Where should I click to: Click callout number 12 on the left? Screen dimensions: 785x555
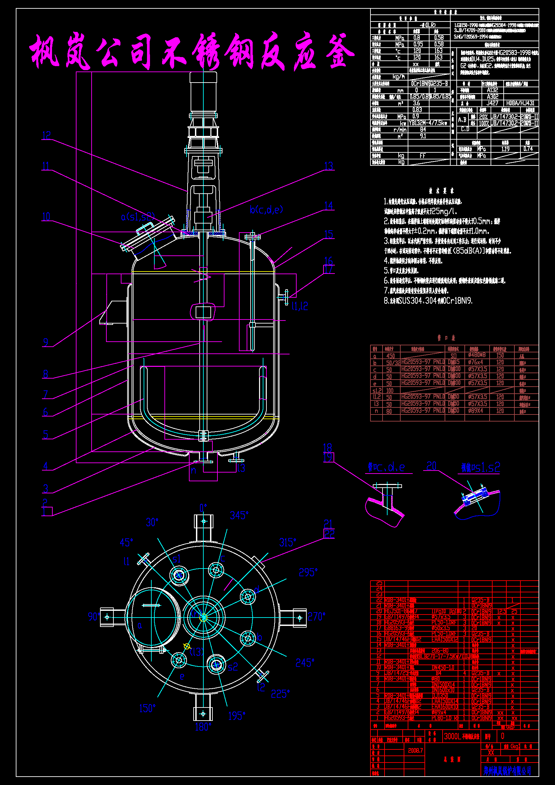[x=46, y=135]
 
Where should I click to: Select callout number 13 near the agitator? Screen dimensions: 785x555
[x=329, y=166]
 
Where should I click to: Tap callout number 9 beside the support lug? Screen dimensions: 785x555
[x=46, y=342]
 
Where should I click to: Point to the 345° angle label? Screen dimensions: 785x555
[x=239, y=515]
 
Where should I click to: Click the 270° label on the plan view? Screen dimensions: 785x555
[x=316, y=617]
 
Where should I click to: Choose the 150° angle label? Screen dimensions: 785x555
[x=147, y=708]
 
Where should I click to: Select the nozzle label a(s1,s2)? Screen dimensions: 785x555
[x=138, y=217]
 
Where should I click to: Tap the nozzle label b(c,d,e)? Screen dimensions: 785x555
[x=266, y=209]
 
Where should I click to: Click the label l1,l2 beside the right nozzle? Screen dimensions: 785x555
[x=300, y=306]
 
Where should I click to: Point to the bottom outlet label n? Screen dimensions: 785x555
[x=193, y=471]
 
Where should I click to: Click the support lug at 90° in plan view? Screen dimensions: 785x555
[x=107, y=617]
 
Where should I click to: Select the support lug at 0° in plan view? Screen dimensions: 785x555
[x=204, y=522]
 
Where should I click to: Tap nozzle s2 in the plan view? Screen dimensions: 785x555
[x=216, y=665]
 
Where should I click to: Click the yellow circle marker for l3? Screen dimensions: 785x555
[x=187, y=646]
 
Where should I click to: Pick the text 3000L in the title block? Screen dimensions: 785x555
[x=452, y=736]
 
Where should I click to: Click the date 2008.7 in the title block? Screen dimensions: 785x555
[x=415, y=750]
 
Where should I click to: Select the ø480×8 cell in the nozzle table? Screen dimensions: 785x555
[x=477, y=355]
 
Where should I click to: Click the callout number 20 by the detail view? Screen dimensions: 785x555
[x=431, y=466]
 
